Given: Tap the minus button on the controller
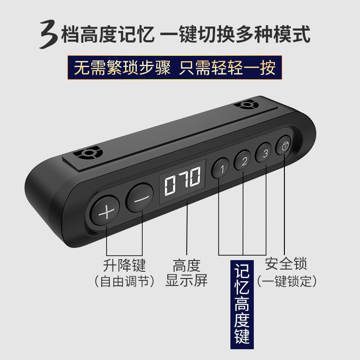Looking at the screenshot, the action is tap(140, 198).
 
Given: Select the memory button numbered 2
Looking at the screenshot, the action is tap(243, 160).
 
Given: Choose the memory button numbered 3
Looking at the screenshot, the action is tap(264, 152).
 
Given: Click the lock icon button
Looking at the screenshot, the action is tap(284, 145).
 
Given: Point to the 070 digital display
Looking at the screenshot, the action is tap(183, 181).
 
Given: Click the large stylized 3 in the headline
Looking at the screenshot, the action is tap(49, 34).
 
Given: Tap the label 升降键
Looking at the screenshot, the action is tap(124, 265).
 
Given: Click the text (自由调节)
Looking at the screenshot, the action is tap(124, 281).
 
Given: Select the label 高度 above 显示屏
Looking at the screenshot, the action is tap(186, 265).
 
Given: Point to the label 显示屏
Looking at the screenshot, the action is tap(186, 280).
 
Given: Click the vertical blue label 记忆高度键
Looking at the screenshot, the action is tap(242, 305).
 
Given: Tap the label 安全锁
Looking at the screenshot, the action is tap(286, 264).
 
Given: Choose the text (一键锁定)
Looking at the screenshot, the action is tap(287, 281).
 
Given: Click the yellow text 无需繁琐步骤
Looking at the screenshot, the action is tap(122, 67).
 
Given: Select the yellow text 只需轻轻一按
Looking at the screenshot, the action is tap(227, 67).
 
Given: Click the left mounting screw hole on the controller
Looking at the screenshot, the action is tap(87, 153).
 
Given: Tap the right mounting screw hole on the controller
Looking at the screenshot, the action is tap(246, 104).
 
